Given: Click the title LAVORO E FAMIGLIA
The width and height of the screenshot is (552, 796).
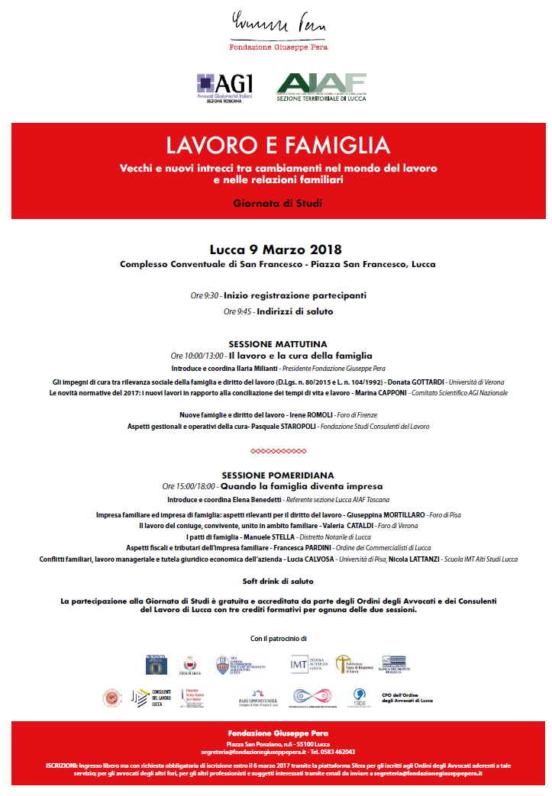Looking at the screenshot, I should coord(278,145).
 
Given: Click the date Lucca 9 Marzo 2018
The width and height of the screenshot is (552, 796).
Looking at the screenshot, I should coord(276,250).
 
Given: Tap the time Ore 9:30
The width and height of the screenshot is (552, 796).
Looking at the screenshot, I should coord(205,295).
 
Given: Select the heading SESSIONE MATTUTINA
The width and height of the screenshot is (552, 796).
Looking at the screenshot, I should coord(278,344).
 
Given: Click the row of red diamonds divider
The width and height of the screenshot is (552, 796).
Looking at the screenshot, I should coord(278,451).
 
